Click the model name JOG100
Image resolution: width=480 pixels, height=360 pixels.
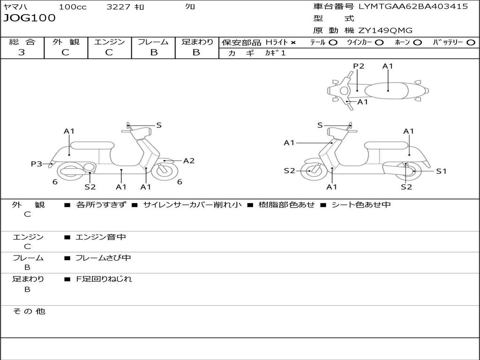[x=30, y=18]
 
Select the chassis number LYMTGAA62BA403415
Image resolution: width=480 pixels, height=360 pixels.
[x=413, y=7]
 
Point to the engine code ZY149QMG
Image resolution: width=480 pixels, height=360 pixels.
[x=385, y=30]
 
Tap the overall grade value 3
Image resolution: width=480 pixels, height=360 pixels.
[x=22, y=52]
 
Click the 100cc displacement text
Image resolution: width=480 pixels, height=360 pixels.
[x=73, y=7]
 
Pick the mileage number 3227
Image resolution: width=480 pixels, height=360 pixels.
[x=118, y=7]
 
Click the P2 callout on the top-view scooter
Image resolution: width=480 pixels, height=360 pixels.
[x=359, y=66]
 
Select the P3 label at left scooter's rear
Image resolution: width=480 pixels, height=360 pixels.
[x=37, y=164]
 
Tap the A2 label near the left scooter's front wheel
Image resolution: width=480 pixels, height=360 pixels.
[x=188, y=161]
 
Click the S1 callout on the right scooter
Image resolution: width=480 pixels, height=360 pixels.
[x=441, y=172]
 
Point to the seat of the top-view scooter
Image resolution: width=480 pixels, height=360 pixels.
[x=386, y=90]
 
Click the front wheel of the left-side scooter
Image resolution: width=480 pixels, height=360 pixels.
[x=165, y=171]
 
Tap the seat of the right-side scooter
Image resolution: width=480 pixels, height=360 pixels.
[x=387, y=146]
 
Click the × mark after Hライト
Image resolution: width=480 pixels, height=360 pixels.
[x=293, y=43]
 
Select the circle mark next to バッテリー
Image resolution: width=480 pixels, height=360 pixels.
[x=471, y=43]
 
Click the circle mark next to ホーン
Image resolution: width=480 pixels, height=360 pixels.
[x=417, y=43]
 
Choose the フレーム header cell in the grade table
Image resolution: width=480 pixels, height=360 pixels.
[x=153, y=42]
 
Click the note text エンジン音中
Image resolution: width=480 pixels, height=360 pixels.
[x=101, y=237]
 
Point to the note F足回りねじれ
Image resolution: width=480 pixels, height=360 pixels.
[x=104, y=279]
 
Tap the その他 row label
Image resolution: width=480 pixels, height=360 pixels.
[x=29, y=311]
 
